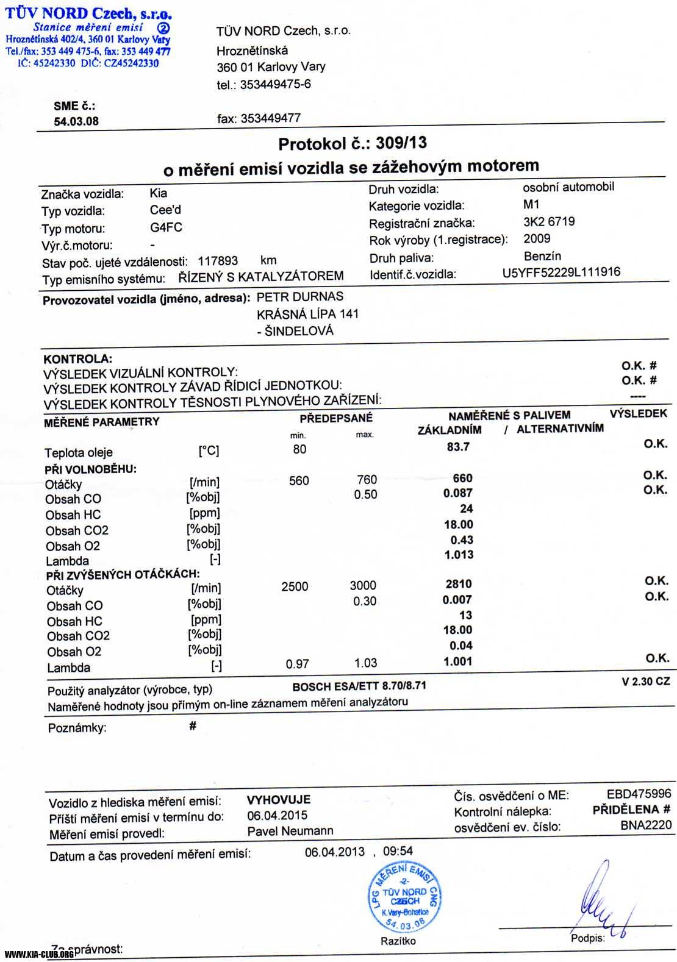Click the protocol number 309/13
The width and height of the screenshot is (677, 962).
coord(401,143)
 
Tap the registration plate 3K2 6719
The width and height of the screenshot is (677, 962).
coord(549,221)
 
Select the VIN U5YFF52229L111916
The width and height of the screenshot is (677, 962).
coord(561,273)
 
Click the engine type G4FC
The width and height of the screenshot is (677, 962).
coord(166,227)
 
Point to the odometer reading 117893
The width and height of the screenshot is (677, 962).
coord(218,261)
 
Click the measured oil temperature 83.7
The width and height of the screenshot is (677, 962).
coord(458,447)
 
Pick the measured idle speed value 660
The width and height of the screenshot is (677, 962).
coord(462,479)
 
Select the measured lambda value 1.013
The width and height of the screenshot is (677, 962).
coord(459,555)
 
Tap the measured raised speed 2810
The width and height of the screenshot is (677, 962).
coord(459,584)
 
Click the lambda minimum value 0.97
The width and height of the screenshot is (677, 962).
coord(297,664)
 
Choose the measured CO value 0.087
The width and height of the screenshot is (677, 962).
coord(457,493)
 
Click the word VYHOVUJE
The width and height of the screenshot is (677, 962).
coord(278,800)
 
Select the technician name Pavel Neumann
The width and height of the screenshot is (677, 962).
coord(290,831)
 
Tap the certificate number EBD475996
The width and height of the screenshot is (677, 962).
coord(639,794)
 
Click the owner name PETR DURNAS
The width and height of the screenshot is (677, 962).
coord(300,297)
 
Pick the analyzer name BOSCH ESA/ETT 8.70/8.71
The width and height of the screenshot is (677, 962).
coord(359,686)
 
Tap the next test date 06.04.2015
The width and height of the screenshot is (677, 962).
coord(277,816)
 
